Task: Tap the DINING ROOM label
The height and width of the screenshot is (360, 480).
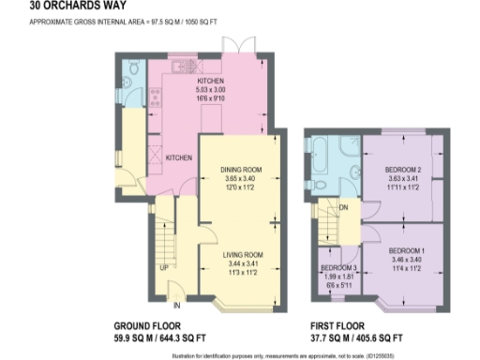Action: [241, 170]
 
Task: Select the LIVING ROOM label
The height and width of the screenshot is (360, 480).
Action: [241, 254]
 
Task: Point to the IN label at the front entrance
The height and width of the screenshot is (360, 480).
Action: [175, 304]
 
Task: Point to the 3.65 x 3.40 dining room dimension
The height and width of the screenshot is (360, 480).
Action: [241, 178]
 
